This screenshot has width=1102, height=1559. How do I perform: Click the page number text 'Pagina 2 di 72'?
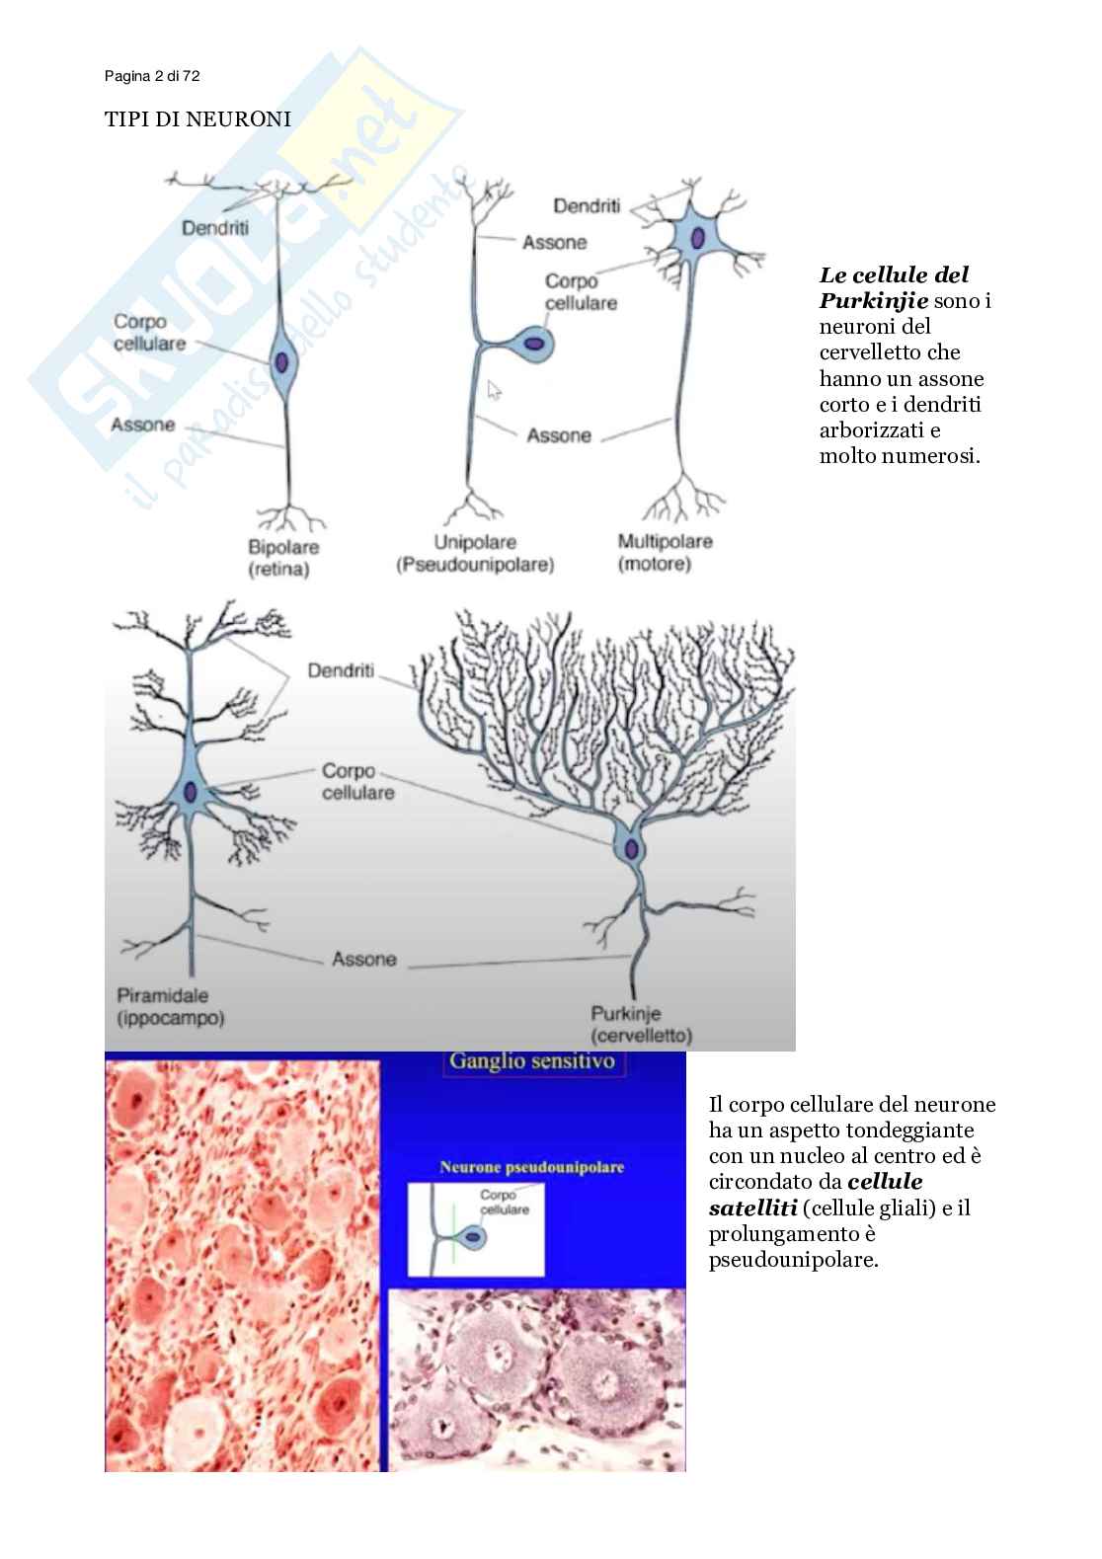152,76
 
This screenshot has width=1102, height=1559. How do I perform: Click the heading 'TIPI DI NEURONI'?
197,119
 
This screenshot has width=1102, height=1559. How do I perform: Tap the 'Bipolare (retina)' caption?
281,558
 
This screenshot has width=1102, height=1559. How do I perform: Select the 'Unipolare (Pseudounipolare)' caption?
475,554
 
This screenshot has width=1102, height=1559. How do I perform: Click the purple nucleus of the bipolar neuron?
283,362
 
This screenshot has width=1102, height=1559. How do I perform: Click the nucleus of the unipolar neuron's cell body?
534,344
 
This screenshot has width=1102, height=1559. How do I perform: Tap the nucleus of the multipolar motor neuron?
698,238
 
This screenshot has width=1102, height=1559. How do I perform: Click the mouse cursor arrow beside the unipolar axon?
494,390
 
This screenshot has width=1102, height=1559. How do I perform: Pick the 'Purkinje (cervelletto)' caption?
641,1025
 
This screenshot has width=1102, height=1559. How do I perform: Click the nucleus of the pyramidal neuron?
191,793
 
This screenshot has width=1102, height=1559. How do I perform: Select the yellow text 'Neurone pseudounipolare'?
531,1167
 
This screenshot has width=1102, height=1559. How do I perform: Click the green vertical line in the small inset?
454,1233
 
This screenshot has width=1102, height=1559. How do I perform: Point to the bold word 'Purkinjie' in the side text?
873,300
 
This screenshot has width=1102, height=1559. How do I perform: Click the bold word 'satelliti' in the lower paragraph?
752,1208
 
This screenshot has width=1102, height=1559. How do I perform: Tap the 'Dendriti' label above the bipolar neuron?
214,228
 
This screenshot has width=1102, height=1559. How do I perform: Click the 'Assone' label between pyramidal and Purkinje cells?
364,959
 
